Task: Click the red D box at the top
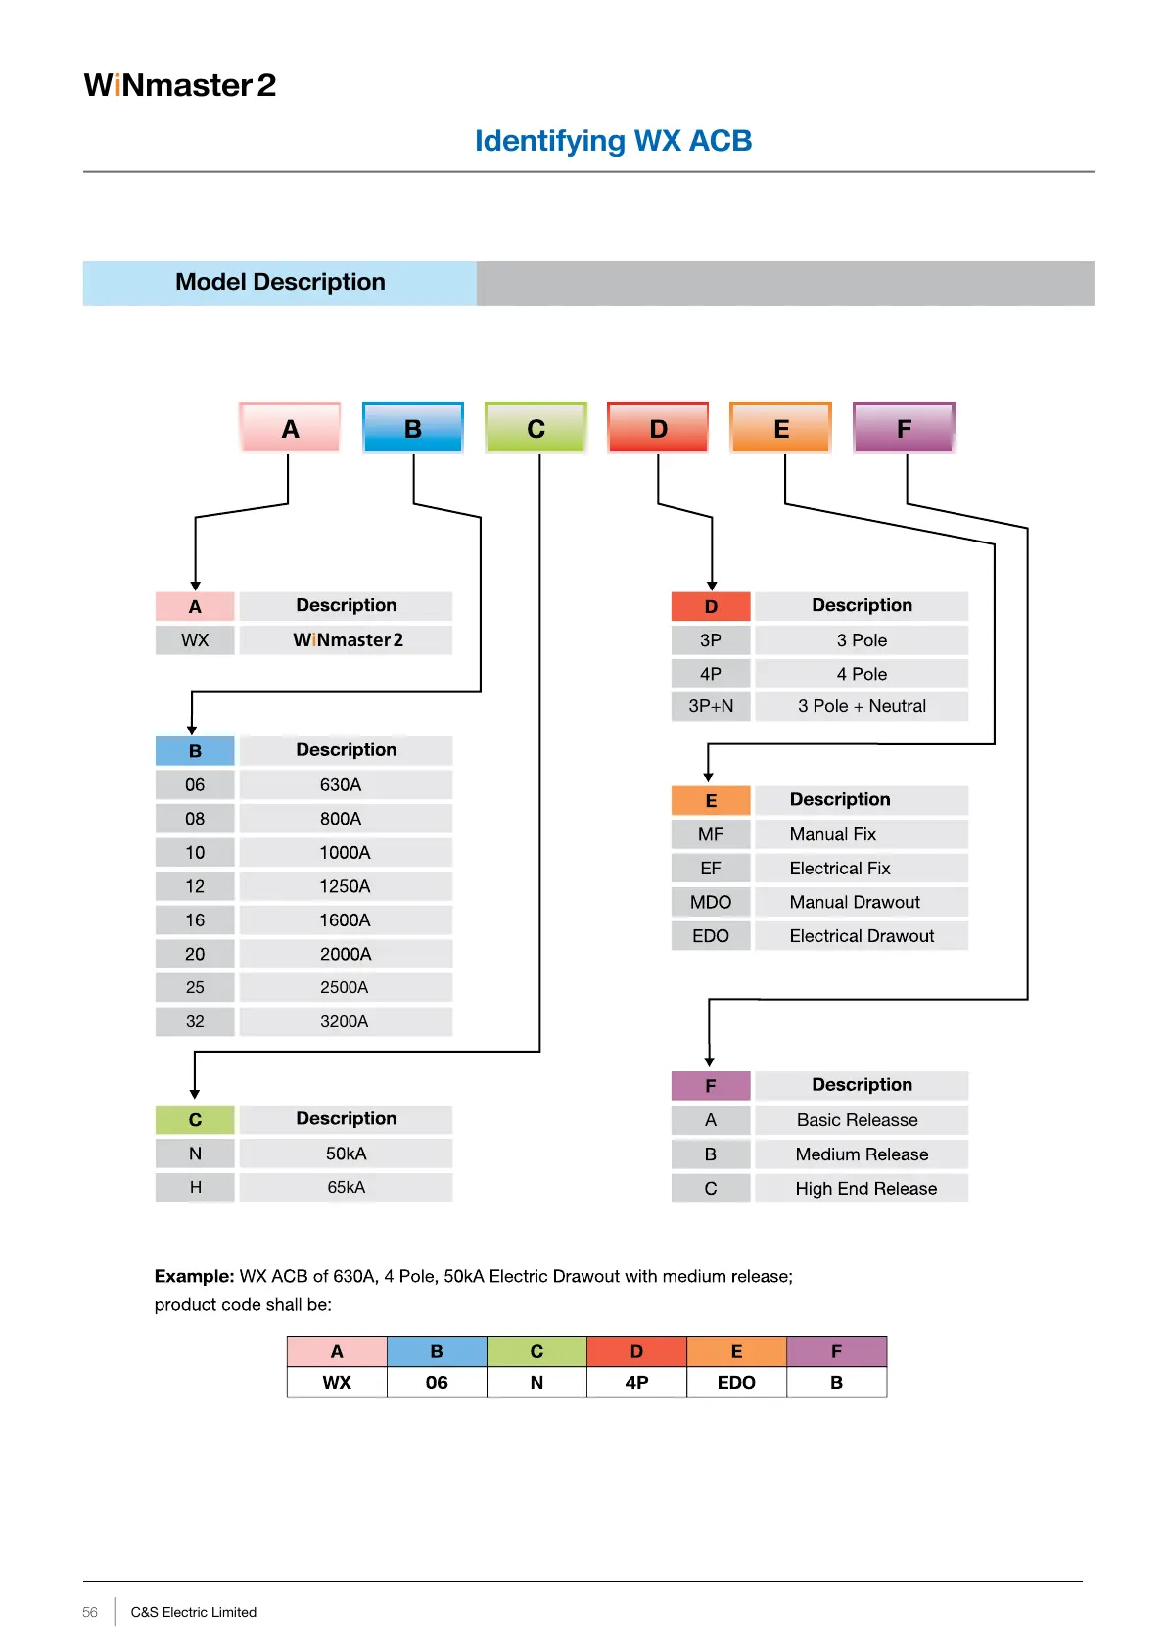point(658,428)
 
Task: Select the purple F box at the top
point(903,428)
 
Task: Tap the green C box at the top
point(536,428)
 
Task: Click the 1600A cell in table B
point(345,920)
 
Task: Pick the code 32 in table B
point(195,1021)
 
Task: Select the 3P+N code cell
point(711,706)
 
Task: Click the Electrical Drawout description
point(862,936)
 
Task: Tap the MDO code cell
point(711,902)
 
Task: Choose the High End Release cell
point(865,1189)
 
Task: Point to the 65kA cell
point(346,1187)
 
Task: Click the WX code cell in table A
point(195,640)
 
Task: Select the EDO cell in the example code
point(736,1383)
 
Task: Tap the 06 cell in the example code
point(437,1383)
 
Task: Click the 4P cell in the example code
point(636,1383)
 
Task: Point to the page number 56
point(90,1612)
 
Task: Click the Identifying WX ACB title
point(613,141)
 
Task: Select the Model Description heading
point(280,282)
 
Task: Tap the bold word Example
point(194,1276)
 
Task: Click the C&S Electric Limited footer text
point(194,1612)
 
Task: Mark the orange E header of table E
point(711,801)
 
